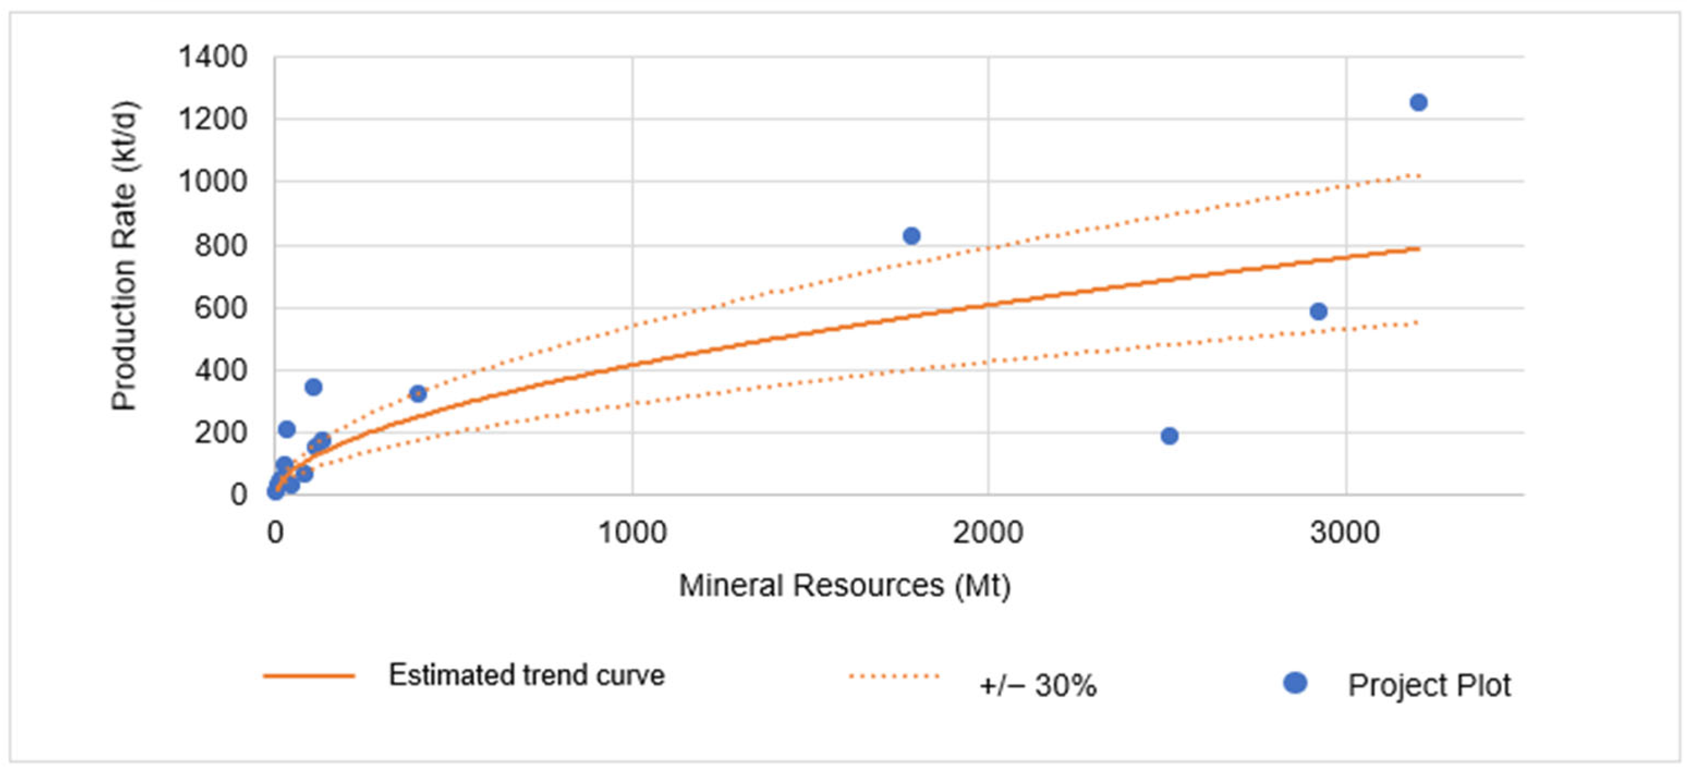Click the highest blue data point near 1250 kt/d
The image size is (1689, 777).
click(1418, 102)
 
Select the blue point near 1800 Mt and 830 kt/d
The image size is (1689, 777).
click(911, 236)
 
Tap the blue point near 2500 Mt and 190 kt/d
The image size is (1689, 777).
click(1170, 435)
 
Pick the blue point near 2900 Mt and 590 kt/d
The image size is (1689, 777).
click(1318, 311)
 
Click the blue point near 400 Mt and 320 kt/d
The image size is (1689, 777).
click(417, 393)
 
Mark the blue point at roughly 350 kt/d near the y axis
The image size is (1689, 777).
click(313, 387)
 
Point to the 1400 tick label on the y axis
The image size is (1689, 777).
click(213, 57)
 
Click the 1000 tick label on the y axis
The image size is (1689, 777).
click(213, 182)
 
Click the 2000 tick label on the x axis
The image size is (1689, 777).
click(988, 533)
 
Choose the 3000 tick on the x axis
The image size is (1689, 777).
click(1346, 533)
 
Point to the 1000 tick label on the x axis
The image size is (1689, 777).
click(632, 533)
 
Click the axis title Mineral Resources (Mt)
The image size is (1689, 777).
click(844, 585)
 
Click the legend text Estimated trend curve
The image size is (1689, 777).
click(526, 675)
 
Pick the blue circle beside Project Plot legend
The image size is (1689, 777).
click(1295, 683)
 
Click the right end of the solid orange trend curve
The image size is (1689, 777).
click(1418, 249)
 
